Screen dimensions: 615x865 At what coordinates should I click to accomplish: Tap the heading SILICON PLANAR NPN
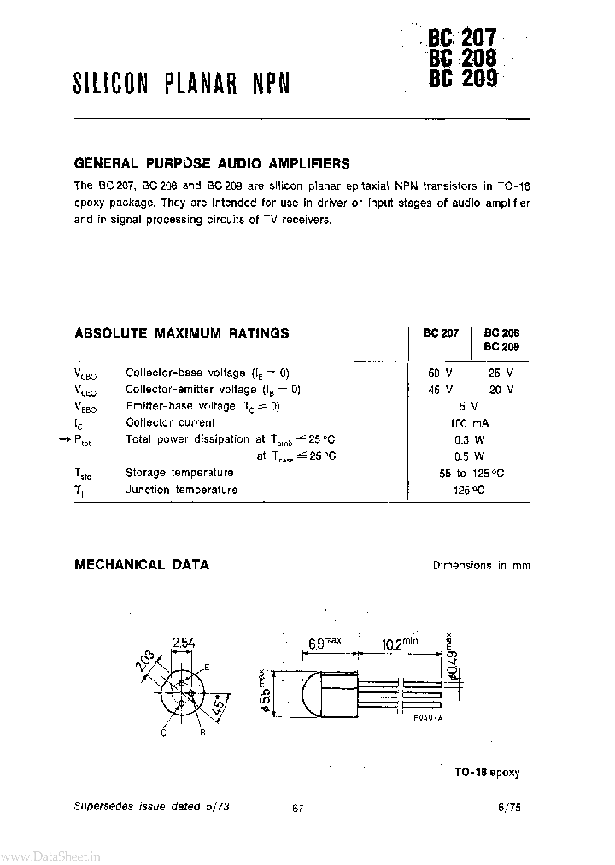[181, 83]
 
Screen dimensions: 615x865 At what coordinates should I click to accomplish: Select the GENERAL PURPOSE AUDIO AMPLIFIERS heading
[212, 163]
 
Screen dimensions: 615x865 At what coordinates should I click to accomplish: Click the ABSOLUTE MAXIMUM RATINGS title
[182, 333]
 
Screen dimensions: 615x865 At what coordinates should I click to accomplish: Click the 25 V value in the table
[501, 374]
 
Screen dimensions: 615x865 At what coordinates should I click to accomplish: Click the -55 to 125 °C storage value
[468, 473]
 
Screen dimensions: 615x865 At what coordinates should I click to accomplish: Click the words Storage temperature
[179, 473]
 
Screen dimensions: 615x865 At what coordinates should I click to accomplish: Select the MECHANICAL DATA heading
[142, 565]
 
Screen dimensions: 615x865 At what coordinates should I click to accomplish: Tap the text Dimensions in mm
[481, 566]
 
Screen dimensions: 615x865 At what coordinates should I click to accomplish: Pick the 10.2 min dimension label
[398, 642]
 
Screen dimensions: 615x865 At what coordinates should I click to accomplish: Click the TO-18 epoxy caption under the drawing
[487, 772]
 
